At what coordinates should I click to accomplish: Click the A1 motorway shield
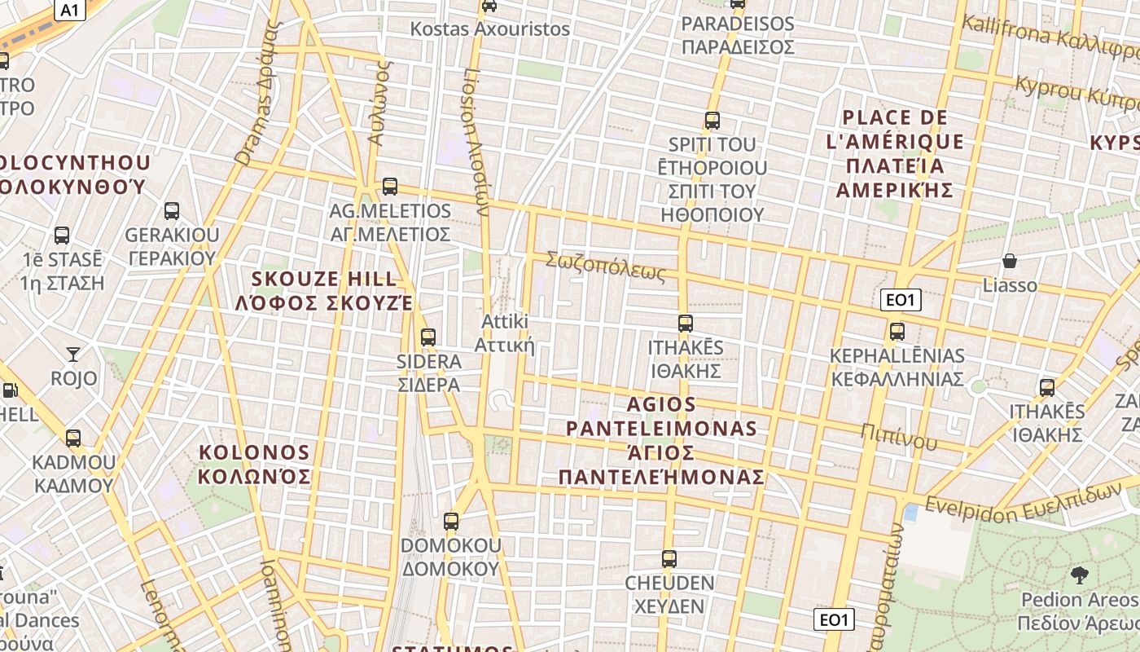pyautogui.click(x=70, y=9)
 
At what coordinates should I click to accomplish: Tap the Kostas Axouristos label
pyautogui.click(x=489, y=29)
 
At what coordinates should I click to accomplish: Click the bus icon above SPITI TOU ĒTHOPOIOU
pyautogui.click(x=712, y=121)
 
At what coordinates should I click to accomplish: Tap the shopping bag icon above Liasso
pyautogui.click(x=1010, y=261)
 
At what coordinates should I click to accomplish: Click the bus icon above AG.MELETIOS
pyautogui.click(x=390, y=187)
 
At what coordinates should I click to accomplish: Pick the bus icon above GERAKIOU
pyautogui.click(x=172, y=211)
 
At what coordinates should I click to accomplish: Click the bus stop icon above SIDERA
pyautogui.click(x=427, y=337)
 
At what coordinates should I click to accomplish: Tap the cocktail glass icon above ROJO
pyautogui.click(x=73, y=354)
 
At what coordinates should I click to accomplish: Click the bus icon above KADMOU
pyautogui.click(x=73, y=438)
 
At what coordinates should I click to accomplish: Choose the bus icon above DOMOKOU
pyautogui.click(x=450, y=521)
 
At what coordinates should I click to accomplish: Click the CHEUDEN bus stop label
pyautogui.click(x=669, y=594)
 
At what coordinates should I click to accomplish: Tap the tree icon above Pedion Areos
pyautogui.click(x=1080, y=575)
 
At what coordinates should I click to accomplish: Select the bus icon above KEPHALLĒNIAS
pyautogui.click(x=897, y=332)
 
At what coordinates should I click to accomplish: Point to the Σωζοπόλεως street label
pyautogui.click(x=605, y=266)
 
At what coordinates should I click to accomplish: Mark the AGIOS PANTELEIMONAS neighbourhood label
pyautogui.click(x=661, y=440)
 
